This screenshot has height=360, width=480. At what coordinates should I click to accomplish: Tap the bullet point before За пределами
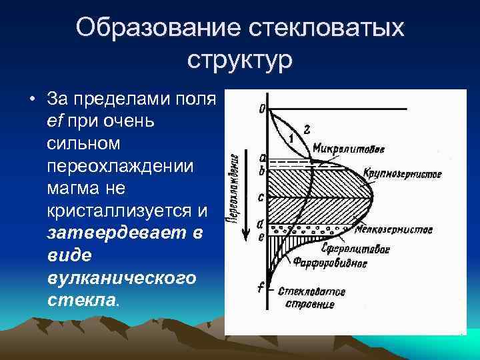pos(32,101)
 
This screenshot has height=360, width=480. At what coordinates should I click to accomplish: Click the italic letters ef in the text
pos(56,122)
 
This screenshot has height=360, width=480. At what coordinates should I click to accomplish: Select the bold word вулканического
pos(122,277)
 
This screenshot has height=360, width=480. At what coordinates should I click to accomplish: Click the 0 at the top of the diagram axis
pos(261,108)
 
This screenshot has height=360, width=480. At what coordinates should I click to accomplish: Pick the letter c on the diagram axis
pos(261,198)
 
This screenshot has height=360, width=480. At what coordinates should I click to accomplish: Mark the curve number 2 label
pos(306,128)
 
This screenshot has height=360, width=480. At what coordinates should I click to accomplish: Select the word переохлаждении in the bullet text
pos(120,166)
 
